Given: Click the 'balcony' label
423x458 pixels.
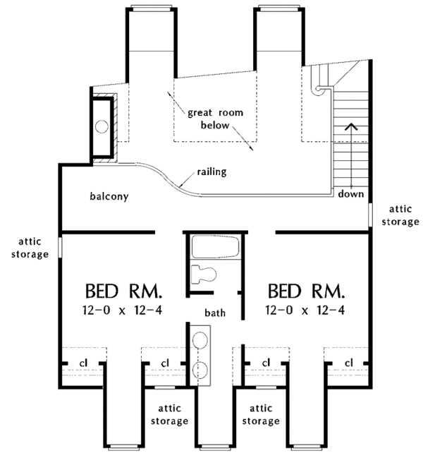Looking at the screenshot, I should pyautogui.click(x=109, y=196).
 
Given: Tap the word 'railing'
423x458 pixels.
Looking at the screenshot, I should pyautogui.click(x=212, y=171).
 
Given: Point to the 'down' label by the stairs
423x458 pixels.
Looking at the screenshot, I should pyautogui.click(x=350, y=193).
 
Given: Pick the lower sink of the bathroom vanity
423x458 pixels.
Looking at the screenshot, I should pyautogui.click(x=199, y=369).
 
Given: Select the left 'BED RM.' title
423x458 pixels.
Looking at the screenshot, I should pyautogui.click(x=124, y=291).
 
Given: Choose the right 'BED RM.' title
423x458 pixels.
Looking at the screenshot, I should pyautogui.click(x=306, y=291).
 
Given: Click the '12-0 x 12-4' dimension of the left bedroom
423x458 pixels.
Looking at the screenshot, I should pyautogui.click(x=124, y=311).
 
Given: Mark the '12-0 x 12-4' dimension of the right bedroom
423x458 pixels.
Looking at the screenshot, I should pyautogui.click(x=306, y=311).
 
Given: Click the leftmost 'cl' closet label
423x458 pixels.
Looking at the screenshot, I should pyautogui.click(x=82, y=362).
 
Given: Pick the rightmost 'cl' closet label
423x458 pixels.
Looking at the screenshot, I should pyautogui.click(x=348, y=362).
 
